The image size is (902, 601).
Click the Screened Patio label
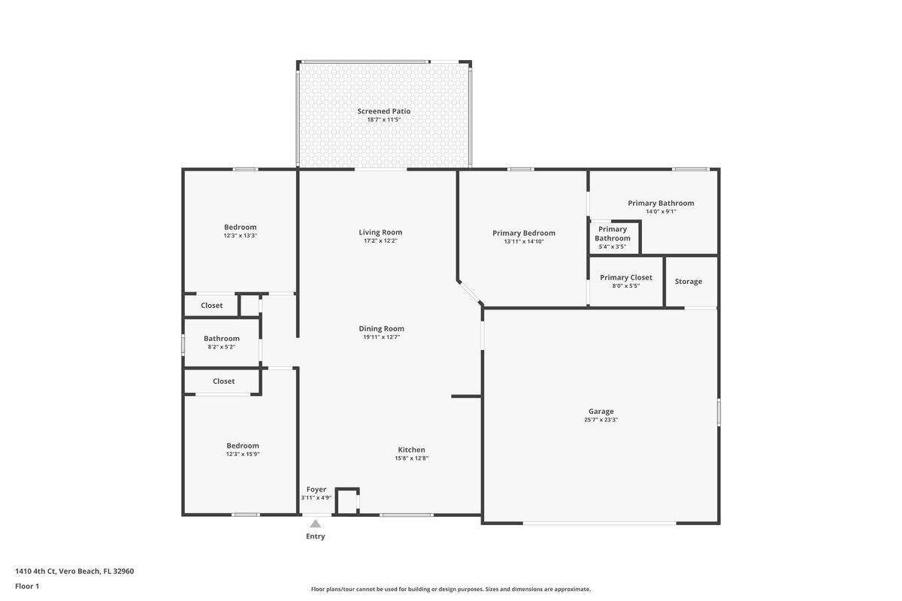pos(383,111)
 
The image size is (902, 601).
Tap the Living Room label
pos(380,232)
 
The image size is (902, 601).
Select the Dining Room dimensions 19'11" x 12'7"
pos(381,337)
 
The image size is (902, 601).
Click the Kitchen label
pos(411,450)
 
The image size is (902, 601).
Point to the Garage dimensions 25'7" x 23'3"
pos(601,420)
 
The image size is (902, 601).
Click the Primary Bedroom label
pos(524,233)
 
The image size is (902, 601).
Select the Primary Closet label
pos(625,277)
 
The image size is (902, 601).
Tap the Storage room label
pos(688,282)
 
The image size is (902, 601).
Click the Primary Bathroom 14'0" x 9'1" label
pos(661,203)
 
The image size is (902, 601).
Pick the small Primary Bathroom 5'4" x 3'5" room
pos(613,237)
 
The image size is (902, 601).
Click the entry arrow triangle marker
pos(316,524)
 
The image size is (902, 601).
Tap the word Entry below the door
pos(316,536)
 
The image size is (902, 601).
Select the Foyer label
pos(316,489)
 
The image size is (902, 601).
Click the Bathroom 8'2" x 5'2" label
pos(222,339)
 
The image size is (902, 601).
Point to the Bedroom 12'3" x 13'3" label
pos(240,227)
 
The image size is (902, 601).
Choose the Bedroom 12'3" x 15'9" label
pos(243,445)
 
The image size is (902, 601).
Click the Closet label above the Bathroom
pos(211,306)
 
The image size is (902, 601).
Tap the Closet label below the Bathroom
pos(223,382)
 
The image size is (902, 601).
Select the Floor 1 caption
pos(27,586)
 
